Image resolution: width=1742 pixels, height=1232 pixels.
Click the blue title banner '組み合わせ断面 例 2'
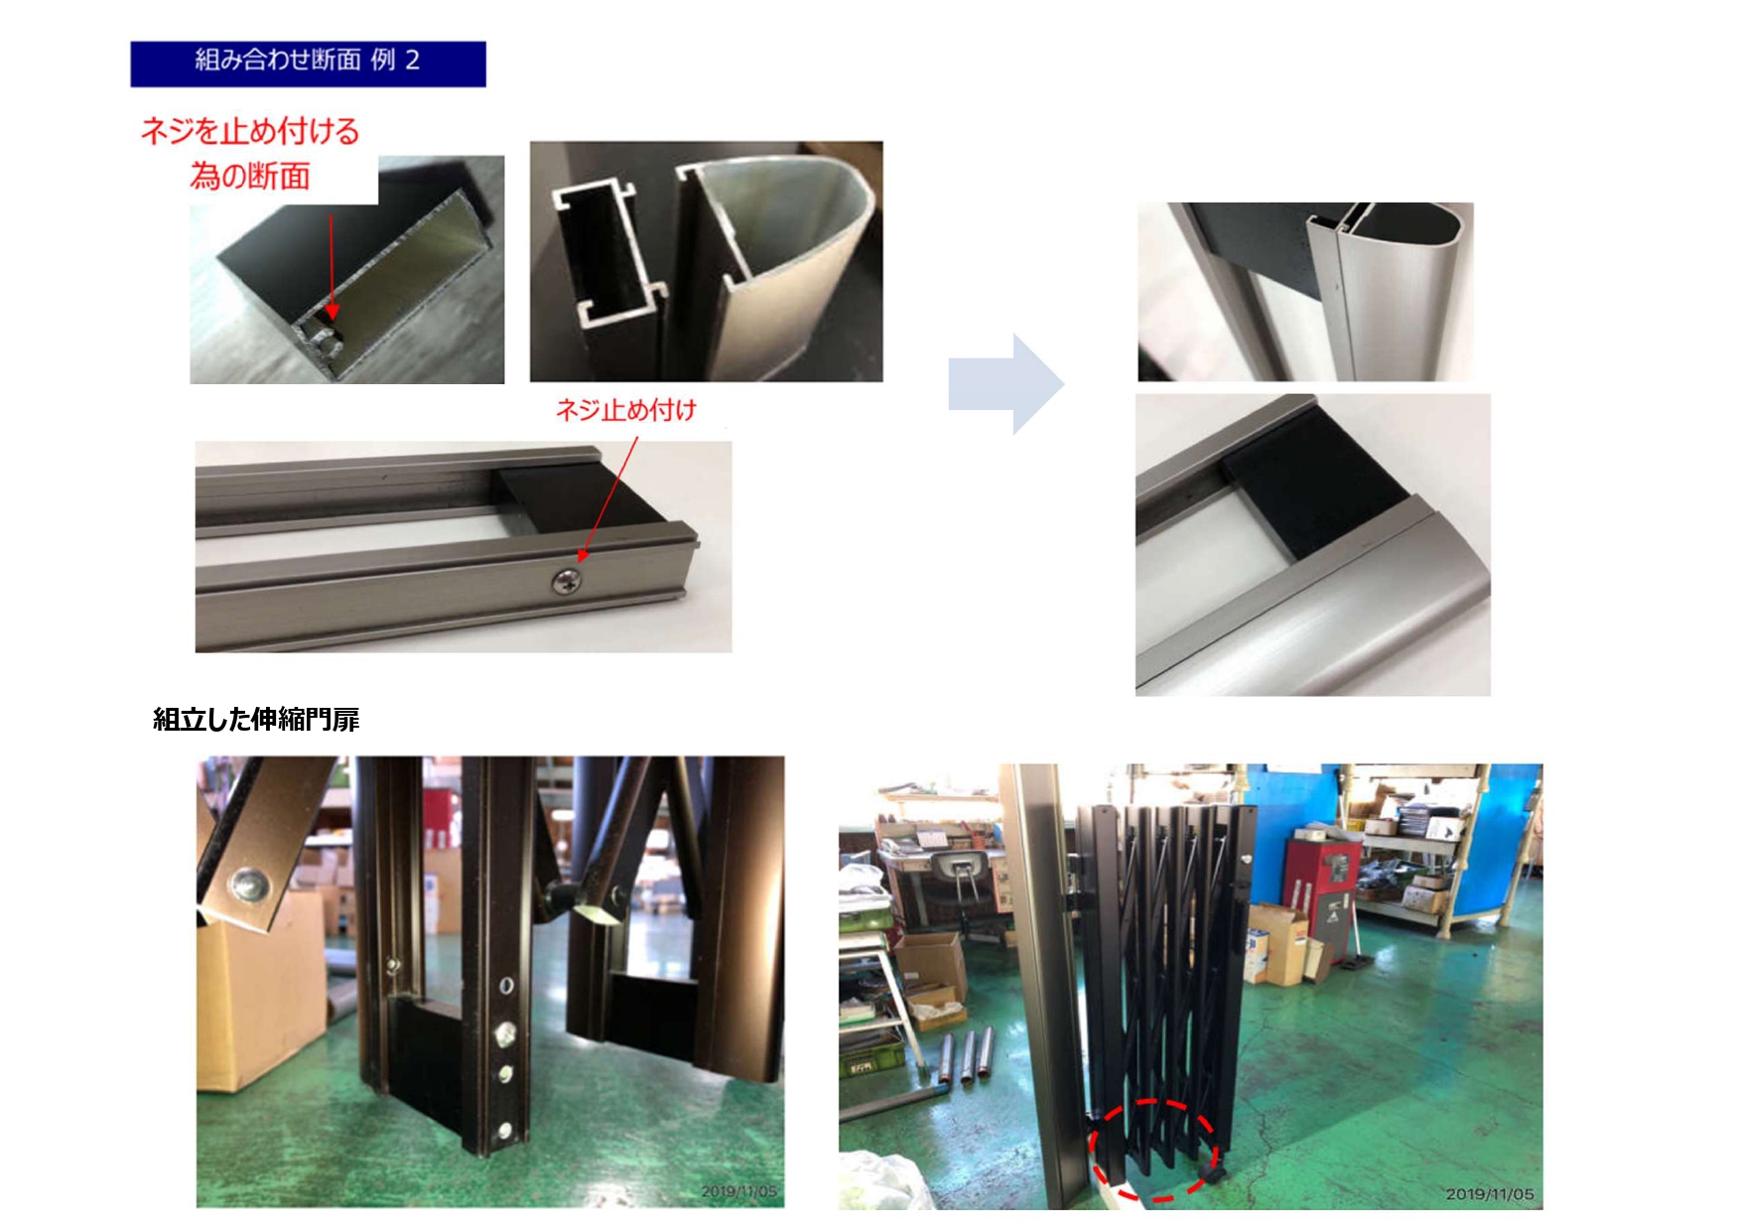click(308, 64)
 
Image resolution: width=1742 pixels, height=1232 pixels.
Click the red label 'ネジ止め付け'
click(625, 410)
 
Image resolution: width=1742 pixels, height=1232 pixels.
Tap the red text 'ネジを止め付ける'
click(250, 131)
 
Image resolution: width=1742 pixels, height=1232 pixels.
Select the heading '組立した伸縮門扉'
click(256, 719)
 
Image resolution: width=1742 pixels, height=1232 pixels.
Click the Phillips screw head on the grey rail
click(567, 583)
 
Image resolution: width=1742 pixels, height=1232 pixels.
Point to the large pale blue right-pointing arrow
click(1005, 384)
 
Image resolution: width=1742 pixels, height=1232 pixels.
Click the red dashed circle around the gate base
click(1152, 1152)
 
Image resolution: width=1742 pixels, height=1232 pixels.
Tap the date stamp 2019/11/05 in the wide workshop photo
click(1489, 1194)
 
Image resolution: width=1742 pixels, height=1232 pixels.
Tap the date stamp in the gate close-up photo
click(739, 1191)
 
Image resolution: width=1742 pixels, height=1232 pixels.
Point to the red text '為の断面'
click(250, 177)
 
